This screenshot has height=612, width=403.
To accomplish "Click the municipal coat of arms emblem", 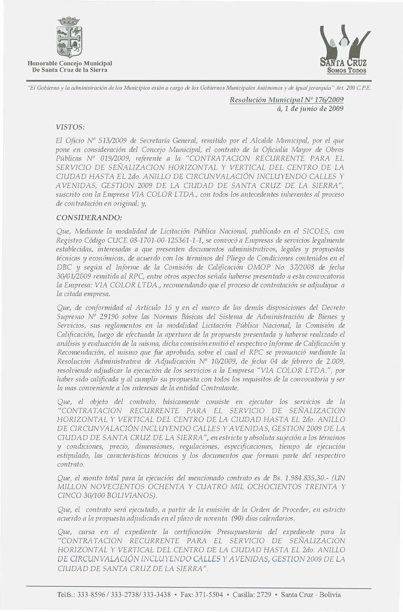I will click(70, 38).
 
